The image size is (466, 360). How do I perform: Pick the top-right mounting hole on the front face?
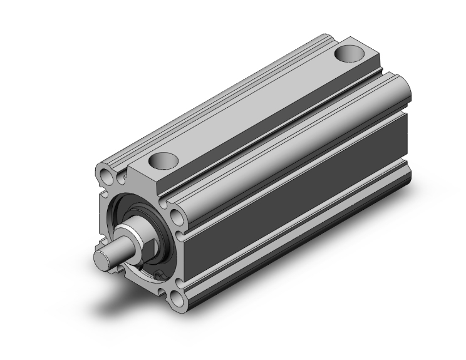[178, 215]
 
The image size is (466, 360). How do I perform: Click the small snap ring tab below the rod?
[157, 274]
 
